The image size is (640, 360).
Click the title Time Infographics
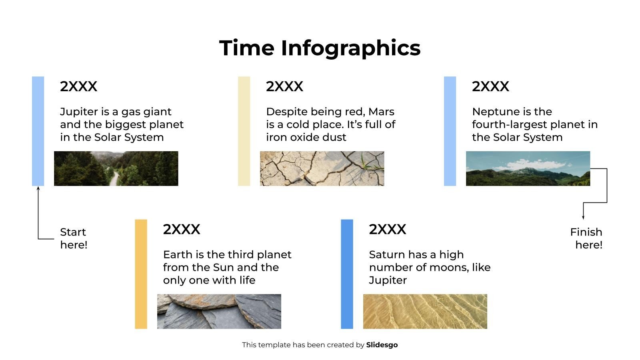[320, 48]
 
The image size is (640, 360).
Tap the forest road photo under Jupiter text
[116, 168]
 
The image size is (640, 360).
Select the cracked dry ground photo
[322, 168]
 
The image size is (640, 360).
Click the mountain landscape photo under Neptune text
[528, 168]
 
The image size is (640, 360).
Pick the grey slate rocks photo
[219, 312]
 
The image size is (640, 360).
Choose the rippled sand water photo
[425, 312]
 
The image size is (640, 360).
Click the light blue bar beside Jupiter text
[38, 131]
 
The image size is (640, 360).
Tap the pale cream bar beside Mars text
[244, 131]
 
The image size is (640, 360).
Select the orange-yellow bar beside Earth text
[141, 274]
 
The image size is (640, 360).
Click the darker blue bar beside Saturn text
[347, 274]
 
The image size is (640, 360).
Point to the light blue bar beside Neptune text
[450, 131]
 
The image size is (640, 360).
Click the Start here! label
[74, 238]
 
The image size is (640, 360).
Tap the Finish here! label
[586, 238]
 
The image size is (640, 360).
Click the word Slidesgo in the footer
[382, 345]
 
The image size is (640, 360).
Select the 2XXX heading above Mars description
[285, 86]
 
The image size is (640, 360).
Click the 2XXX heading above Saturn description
[388, 229]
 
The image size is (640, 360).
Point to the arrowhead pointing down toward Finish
[583, 217]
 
